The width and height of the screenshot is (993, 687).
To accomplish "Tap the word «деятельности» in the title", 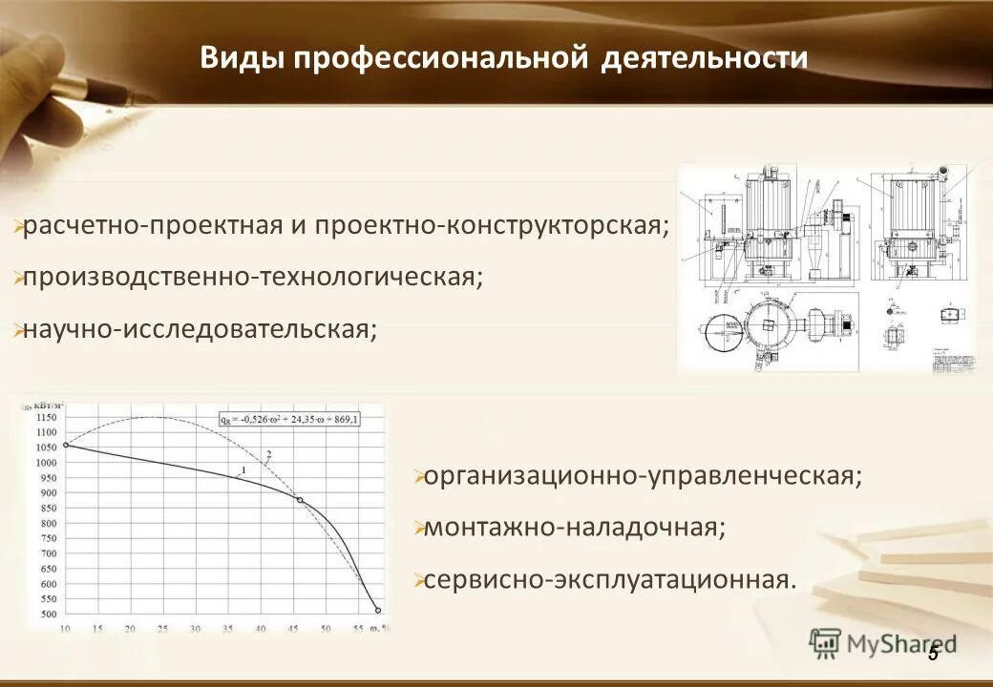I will tap(705, 59).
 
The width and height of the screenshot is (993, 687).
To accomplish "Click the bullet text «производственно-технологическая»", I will tap(253, 278).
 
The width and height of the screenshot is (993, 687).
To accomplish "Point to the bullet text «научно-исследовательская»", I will tap(201, 330).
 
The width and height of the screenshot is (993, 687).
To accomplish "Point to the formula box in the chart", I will tap(288, 419).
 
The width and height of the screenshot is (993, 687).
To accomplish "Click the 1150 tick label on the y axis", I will tap(46, 418).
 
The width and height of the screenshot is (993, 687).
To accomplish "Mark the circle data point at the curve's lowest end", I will tap(378, 610).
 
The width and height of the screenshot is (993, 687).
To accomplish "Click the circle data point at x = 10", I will tap(66, 445).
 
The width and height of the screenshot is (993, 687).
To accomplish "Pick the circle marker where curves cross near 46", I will tap(300, 500).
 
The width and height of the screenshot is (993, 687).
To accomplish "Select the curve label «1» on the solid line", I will tap(243, 469).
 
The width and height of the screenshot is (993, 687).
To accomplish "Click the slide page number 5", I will tap(933, 653).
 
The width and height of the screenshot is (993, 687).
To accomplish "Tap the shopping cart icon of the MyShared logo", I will tap(824, 644).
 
